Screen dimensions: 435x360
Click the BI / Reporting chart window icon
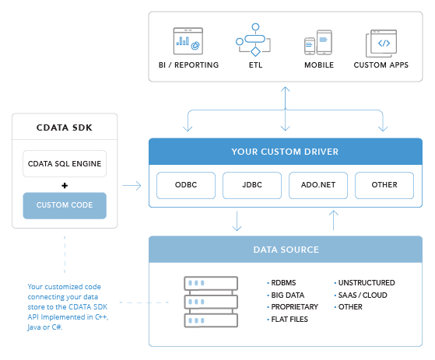[188, 41]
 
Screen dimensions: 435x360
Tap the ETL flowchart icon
[253, 40]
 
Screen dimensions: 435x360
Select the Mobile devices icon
[318, 43]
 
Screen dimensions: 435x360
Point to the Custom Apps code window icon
[381, 44]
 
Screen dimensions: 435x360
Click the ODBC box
[186, 185]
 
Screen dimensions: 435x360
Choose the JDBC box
[252, 185]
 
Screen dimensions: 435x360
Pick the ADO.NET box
[318, 185]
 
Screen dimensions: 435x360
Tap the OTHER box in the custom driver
[384, 185]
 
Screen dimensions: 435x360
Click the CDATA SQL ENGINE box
[65, 164]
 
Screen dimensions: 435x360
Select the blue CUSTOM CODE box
[65, 205]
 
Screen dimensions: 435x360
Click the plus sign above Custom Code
[65, 185]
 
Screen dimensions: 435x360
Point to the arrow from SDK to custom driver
[132, 185]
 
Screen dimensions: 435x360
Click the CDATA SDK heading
[65, 128]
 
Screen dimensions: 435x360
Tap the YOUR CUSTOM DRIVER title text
[285, 152]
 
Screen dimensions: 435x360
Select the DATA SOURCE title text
[286, 250]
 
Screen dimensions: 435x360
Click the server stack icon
[211, 302]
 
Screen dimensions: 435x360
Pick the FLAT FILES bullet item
[287, 320]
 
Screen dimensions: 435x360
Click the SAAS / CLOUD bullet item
[360, 295]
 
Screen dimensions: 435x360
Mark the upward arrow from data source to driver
[334, 220]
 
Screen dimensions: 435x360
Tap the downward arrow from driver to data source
[237, 221]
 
